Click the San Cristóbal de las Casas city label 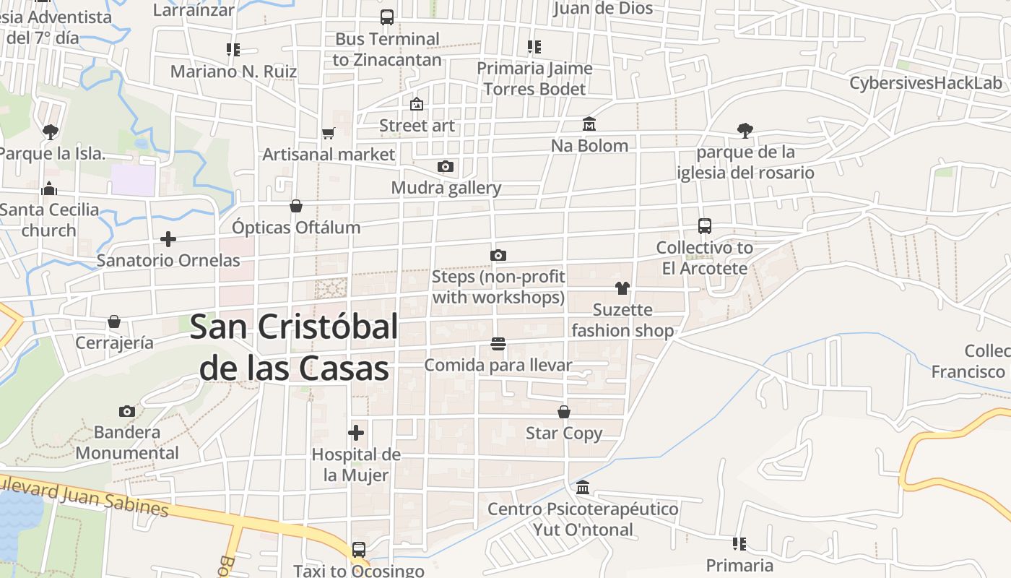tap(294, 348)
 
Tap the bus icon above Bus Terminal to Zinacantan tap(387, 17)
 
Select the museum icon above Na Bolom tap(589, 124)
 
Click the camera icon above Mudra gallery tap(446, 167)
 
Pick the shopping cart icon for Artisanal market tap(329, 133)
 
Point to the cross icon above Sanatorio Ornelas tap(168, 239)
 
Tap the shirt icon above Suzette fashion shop tap(622, 288)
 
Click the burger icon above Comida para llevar tap(498, 344)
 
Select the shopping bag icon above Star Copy tap(564, 412)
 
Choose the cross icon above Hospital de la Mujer tap(356, 433)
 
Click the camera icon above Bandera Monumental tap(127, 411)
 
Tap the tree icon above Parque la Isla tap(50, 131)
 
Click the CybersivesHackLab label tap(926, 82)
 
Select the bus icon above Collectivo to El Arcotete tap(705, 226)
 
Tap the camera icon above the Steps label tap(498, 255)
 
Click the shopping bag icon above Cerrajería tap(114, 322)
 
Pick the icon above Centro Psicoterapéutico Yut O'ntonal tap(583, 488)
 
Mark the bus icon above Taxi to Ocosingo tap(359, 550)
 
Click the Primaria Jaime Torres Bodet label tap(534, 79)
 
